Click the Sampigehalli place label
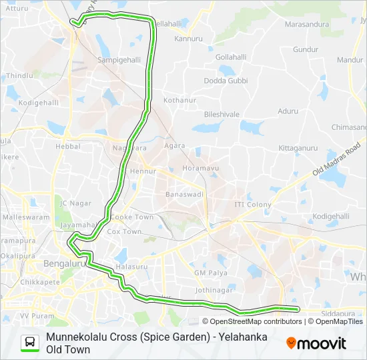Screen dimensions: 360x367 (119, 59)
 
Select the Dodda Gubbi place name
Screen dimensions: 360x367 (226, 81)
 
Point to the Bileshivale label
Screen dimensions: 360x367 (222, 114)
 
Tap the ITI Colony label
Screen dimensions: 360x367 (253, 204)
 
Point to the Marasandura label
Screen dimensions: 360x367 (307, 25)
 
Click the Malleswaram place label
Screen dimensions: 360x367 (26, 217)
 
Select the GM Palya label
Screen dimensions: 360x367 (210, 273)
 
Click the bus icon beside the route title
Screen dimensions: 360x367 (30, 343)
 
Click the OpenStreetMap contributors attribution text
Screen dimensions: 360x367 (247, 321)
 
